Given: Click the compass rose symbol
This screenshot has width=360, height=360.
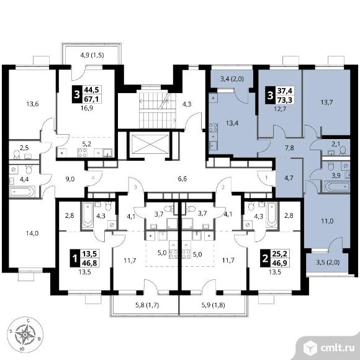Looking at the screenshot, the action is (x=25, y=335).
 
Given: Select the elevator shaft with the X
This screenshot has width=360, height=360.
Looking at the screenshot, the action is (x=150, y=144).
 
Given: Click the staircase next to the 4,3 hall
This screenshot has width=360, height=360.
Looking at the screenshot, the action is (x=157, y=110).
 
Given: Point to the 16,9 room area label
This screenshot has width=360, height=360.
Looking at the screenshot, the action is (x=86, y=108).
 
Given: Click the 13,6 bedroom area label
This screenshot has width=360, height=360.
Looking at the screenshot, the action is (x=32, y=104).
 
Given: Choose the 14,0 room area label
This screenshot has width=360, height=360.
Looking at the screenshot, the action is (x=32, y=233).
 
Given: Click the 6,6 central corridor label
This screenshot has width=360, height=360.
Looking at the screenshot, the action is (x=182, y=179).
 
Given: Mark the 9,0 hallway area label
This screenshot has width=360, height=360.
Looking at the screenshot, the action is (x=70, y=179).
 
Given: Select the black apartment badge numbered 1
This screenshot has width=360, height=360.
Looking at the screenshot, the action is (x=75, y=259).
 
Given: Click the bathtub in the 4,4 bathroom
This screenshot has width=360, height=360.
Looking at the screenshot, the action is (x=22, y=191).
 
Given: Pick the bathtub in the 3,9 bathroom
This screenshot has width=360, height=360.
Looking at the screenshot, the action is (x=337, y=186).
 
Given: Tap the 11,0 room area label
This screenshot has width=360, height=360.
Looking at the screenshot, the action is (x=327, y=222).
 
